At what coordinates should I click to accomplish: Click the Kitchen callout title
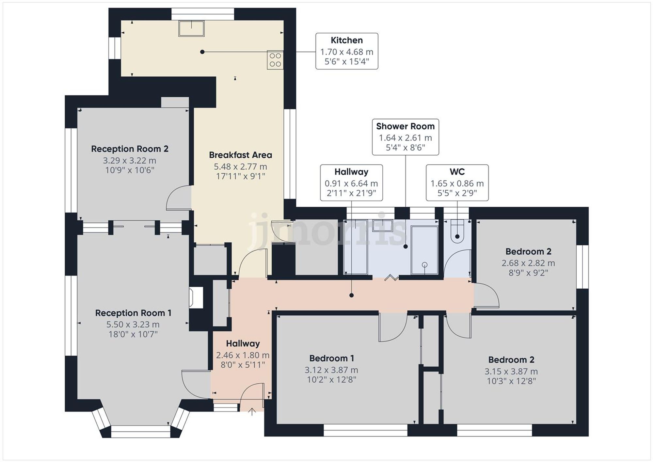pyautogui.click(x=346, y=40)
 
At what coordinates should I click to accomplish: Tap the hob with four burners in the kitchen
pyautogui.click(x=275, y=60)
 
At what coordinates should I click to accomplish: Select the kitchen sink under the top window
pyautogui.click(x=191, y=28)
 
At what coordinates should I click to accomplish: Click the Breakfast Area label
pyautogui.click(x=240, y=155)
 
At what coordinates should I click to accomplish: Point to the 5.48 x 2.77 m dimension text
pyautogui.click(x=240, y=167)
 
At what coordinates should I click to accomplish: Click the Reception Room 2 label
pyautogui.click(x=130, y=149)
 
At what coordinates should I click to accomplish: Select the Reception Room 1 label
pyautogui.click(x=133, y=313)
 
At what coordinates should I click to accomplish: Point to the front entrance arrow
pyautogui.click(x=252, y=411)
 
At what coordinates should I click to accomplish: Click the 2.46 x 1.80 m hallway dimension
pyautogui.click(x=243, y=355)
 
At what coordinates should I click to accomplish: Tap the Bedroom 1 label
pyautogui.click(x=331, y=358)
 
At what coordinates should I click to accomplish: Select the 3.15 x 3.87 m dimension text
pyautogui.click(x=511, y=372)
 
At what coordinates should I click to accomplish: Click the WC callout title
pyautogui.click(x=457, y=172)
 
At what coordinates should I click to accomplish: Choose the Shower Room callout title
pyautogui.click(x=405, y=126)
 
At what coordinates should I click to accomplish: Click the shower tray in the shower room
pyautogui.click(x=424, y=250)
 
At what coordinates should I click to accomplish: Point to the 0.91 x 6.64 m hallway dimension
pyautogui.click(x=351, y=183)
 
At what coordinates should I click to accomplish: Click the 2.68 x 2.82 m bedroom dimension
pyautogui.click(x=528, y=263)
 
